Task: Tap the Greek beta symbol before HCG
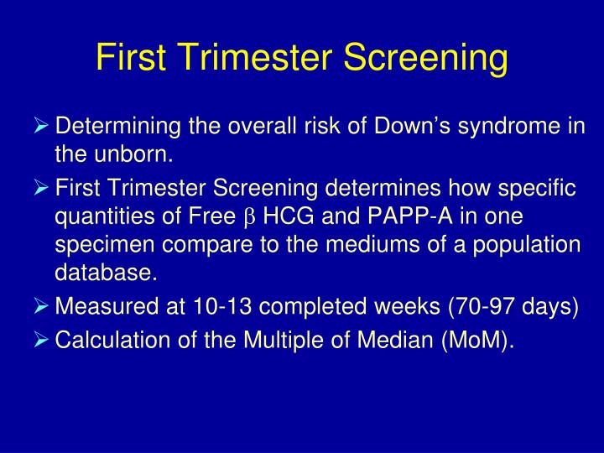[x=247, y=218]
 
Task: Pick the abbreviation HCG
[x=286, y=216]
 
